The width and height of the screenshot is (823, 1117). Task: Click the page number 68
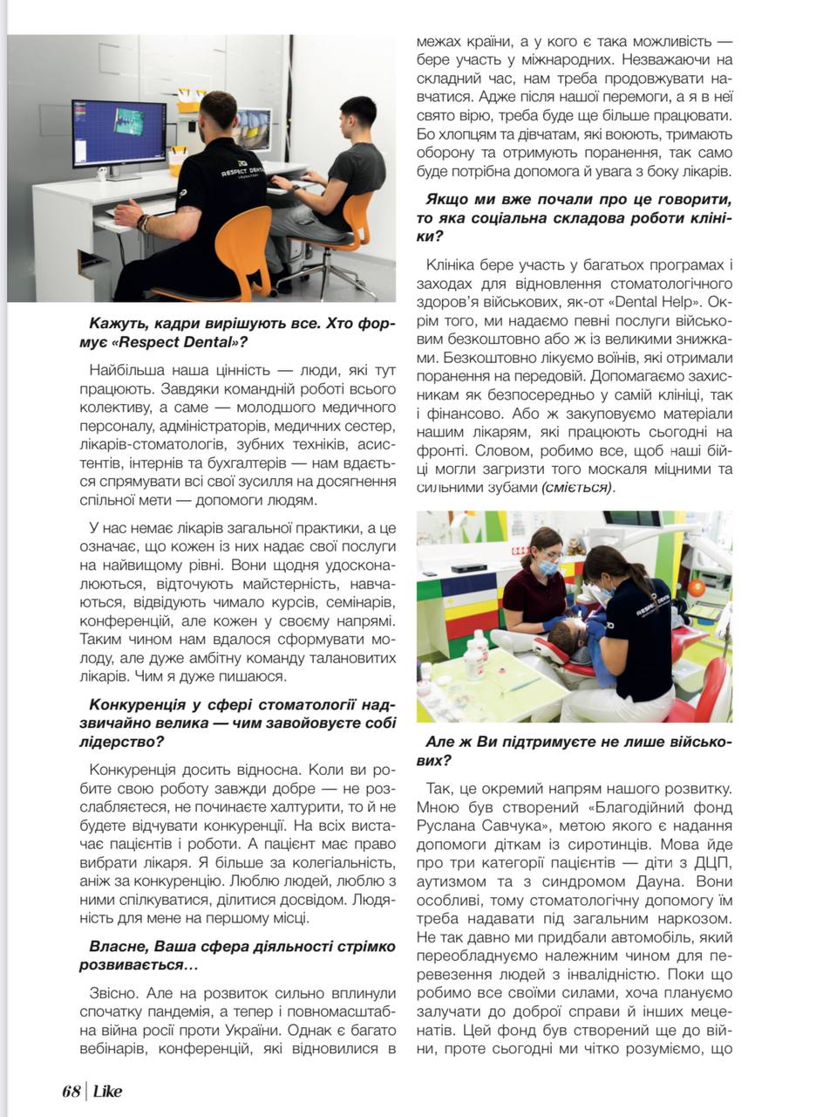coord(71,1092)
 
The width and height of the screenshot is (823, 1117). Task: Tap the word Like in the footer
coord(105,1092)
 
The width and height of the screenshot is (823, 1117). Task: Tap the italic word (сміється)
coord(577,488)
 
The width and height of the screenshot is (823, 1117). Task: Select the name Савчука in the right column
coord(493,826)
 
